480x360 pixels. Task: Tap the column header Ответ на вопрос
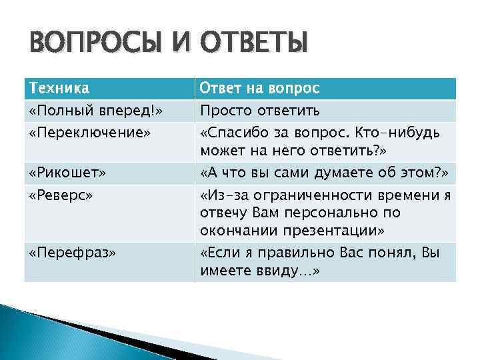261,89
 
